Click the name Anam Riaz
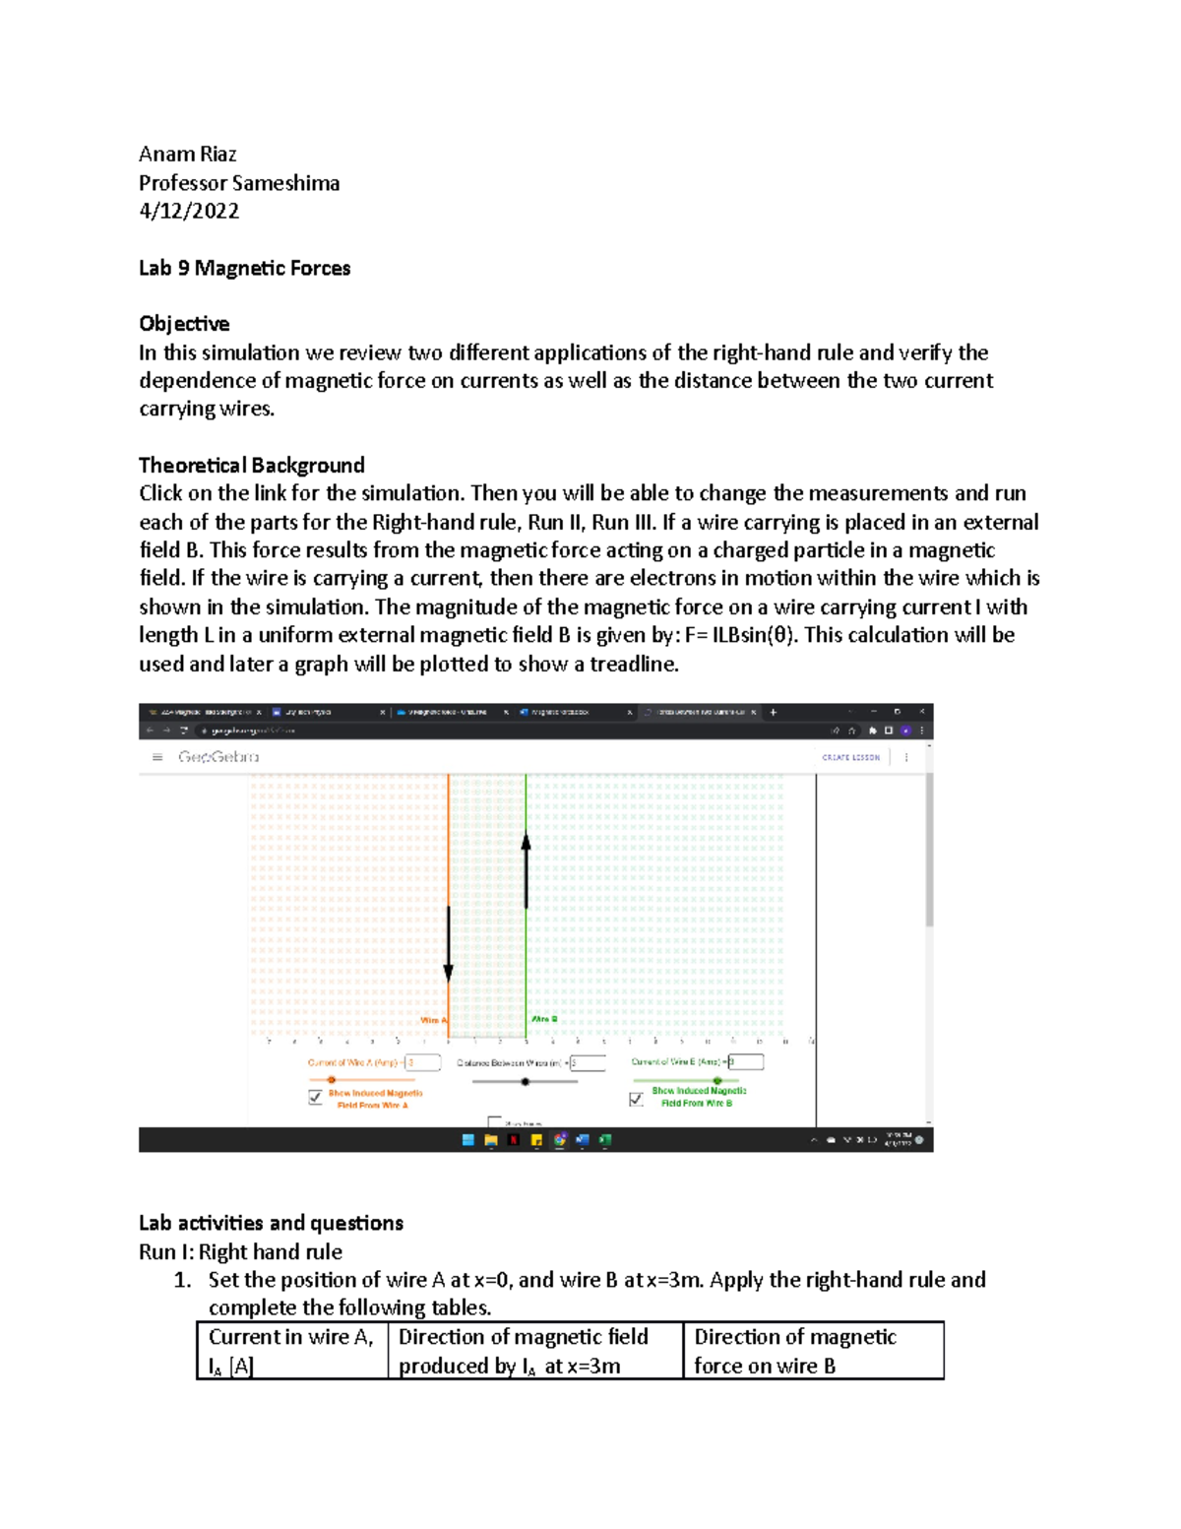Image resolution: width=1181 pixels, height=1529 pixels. click(187, 154)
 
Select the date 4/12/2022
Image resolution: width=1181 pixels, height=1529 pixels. click(189, 211)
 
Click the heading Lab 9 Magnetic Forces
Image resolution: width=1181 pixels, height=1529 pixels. click(244, 268)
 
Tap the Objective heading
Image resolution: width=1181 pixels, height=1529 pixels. click(184, 324)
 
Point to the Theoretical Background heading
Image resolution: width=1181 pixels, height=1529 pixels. click(251, 465)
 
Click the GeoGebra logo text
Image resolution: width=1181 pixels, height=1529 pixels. click(218, 757)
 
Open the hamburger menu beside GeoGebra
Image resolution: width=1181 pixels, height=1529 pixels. click(157, 757)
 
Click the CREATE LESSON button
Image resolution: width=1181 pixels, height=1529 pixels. click(850, 757)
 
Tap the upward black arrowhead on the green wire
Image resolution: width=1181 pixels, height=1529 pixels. click(527, 842)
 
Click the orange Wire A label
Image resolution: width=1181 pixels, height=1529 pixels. click(433, 1020)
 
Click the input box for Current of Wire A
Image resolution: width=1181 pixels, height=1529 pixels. click(423, 1062)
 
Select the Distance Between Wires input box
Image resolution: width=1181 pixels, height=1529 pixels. click(588, 1062)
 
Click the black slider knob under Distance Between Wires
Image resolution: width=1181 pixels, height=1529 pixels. click(526, 1081)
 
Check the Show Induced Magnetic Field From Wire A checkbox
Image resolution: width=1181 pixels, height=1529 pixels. click(316, 1097)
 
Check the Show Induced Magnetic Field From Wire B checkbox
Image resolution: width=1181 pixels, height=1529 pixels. click(637, 1099)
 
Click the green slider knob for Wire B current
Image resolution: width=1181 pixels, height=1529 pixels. click(717, 1080)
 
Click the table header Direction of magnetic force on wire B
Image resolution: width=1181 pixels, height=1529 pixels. click(813, 1351)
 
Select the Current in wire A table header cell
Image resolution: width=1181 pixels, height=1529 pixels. click(292, 1351)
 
